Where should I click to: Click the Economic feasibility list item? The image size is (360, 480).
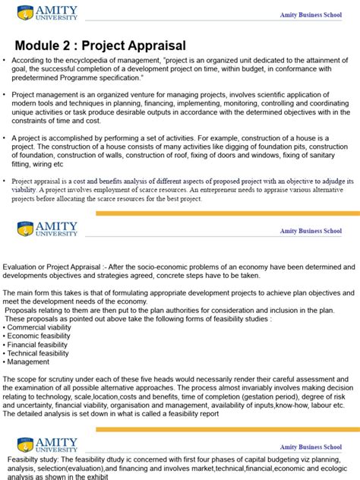[x=43, y=335]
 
